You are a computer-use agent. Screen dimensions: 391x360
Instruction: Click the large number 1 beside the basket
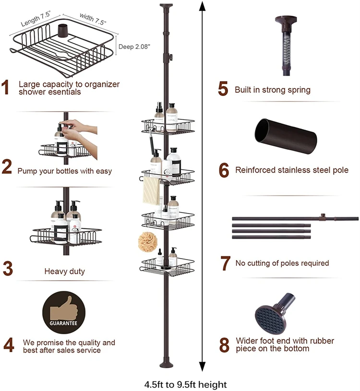(x=6, y=88)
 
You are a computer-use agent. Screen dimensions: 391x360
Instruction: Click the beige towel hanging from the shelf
(x=151, y=190)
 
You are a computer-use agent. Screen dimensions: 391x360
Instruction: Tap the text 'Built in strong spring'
(x=272, y=90)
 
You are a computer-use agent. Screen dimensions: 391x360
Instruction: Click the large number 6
(x=224, y=170)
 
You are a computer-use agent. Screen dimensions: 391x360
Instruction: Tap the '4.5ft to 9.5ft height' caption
(x=185, y=384)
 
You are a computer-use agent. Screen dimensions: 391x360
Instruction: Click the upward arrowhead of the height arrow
(x=202, y=7)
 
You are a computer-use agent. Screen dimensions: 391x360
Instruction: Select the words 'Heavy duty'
(x=64, y=271)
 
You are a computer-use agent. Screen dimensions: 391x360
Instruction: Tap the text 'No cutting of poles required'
(x=282, y=263)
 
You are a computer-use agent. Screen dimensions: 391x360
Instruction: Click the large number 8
(x=224, y=345)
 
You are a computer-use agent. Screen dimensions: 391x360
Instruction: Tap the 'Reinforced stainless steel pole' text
(x=291, y=170)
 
